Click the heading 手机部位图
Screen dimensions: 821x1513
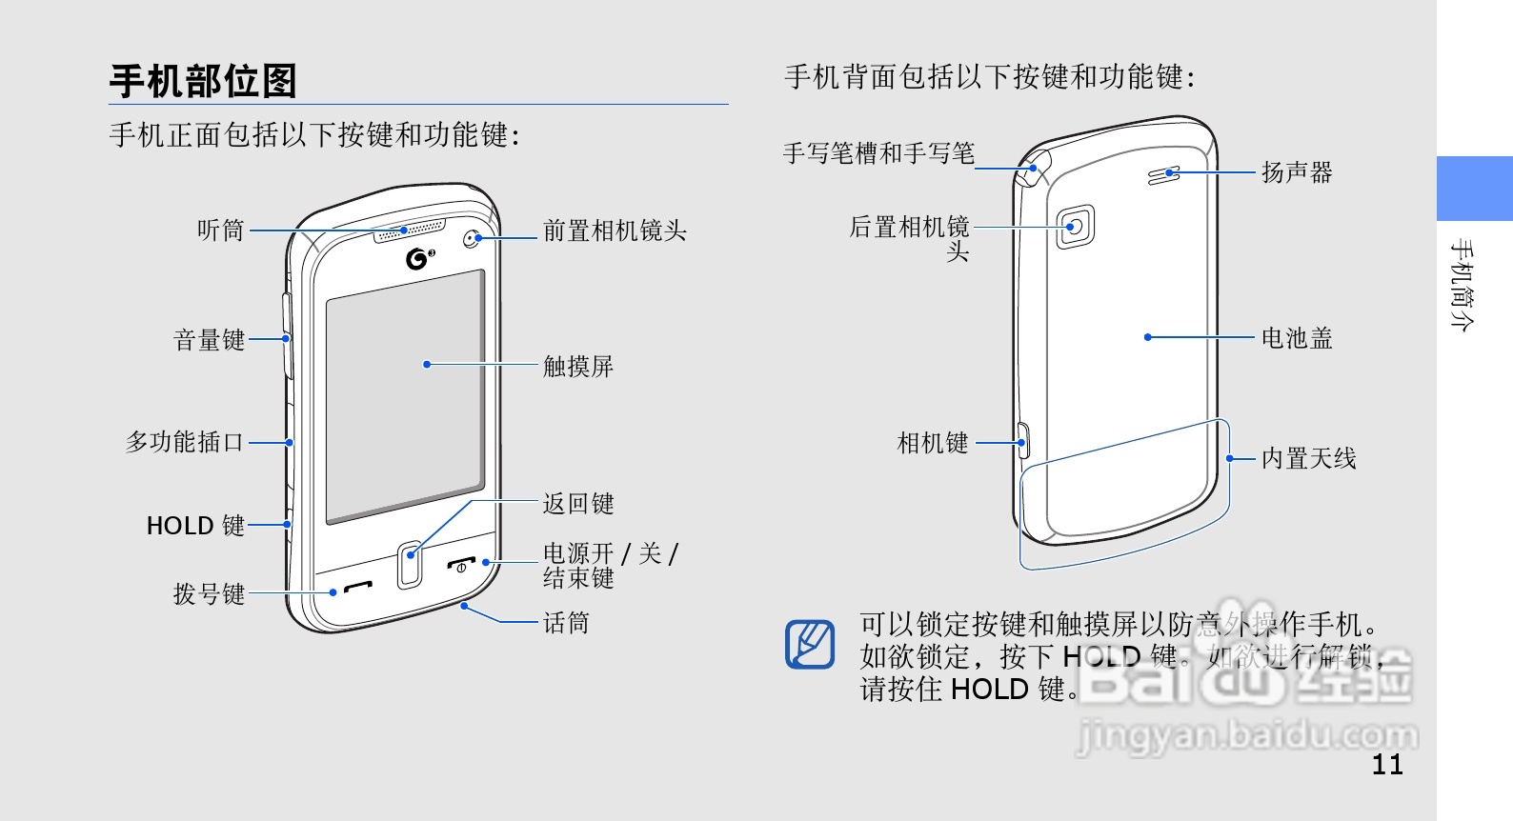(x=203, y=81)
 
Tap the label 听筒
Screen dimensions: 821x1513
(x=221, y=230)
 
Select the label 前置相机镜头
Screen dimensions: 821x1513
(x=615, y=230)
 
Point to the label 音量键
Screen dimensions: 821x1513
(x=209, y=340)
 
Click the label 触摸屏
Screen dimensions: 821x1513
(x=577, y=366)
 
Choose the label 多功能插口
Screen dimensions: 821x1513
(x=185, y=442)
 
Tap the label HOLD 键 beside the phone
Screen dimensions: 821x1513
(x=195, y=526)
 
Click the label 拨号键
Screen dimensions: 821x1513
(x=209, y=594)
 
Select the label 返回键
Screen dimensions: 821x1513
(x=577, y=504)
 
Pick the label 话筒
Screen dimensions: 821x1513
(x=566, y=623)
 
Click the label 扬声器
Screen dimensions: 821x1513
(x=1297, y=172)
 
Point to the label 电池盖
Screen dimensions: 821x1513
(x=1297, y=338)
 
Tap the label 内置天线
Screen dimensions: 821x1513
(x=1308, y=459)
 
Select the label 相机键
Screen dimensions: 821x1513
(x=933, y=443)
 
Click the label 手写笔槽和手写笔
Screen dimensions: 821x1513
(x=878, y=153)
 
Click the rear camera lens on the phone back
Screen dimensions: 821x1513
(x=1075, y=227)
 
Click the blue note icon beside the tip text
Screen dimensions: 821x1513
(x=810, y=644)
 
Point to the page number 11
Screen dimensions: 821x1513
(x=1387, y=765)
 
